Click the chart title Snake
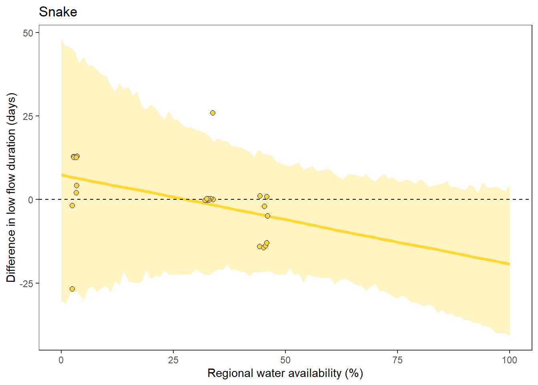pos(58,12)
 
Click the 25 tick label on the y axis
pos(28,116)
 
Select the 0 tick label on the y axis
pos(31,200)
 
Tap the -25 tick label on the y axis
pos(27,284)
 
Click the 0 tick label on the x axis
pos(61,360)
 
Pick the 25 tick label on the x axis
pos(173,360)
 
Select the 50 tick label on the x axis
pos(285,360)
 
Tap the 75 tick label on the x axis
pos(397,360)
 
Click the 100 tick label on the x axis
pos(509,360)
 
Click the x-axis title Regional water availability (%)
pos(285,373)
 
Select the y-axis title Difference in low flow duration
pos(11,188)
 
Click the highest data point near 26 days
pos(213,113)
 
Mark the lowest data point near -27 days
pos(72,289)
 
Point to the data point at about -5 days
pos(267,216)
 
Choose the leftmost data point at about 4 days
pos(76,186)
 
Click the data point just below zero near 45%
pos(264,207)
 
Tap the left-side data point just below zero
pos(72,206)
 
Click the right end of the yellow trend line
pos(509,263)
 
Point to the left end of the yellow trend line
pos(62,175)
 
